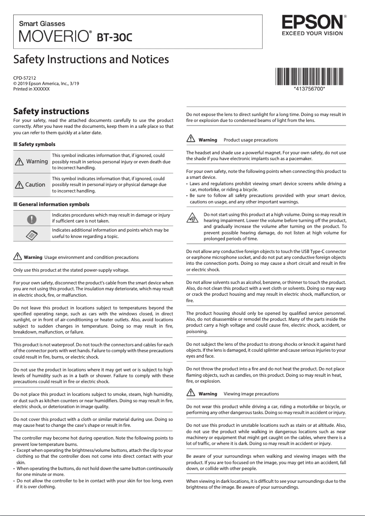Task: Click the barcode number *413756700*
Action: tap(309, 89)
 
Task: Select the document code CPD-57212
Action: tap(25, 78)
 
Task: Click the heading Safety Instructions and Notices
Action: tap(91, 60)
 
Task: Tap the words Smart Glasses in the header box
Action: tap(42, 24)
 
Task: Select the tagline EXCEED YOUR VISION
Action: tap(312, 33)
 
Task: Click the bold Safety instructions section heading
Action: tap(51, 111)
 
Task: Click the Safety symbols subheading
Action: tap(37, 144)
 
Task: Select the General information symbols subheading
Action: tap(54, 204)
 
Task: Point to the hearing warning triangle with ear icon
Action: tap(193, 219)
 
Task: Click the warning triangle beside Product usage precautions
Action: tap(191, 139)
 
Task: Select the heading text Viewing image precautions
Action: tap(251, 394)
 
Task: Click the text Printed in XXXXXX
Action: tap(31, 89)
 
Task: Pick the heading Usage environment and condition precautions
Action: tap(91, 257)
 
